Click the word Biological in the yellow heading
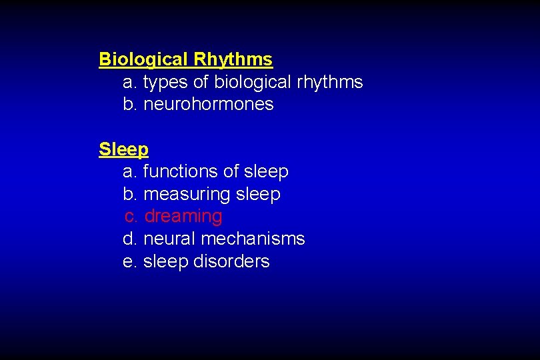tap(143, 60)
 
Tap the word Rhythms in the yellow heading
tap(233, 60)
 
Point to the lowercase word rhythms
tap(329, 83)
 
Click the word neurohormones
tap(209, 105)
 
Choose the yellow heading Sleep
tap(123, 149)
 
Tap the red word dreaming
tap(183, 217)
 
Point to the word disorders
tap(231, 261)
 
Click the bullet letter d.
tap(130, 239)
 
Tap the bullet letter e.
tap(130, 261)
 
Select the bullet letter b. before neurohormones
tap(130, 105)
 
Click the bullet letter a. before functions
tap(130, 172)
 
